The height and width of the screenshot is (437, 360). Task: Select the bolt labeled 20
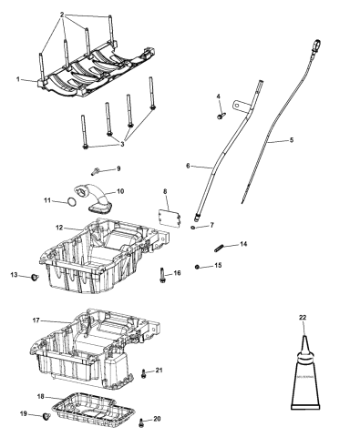pos(142,422)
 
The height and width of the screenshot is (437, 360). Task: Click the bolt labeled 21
pos(144,372)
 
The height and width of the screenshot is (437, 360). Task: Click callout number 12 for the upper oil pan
pos(57,227)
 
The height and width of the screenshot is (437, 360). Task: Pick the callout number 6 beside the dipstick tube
pos(187,166)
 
